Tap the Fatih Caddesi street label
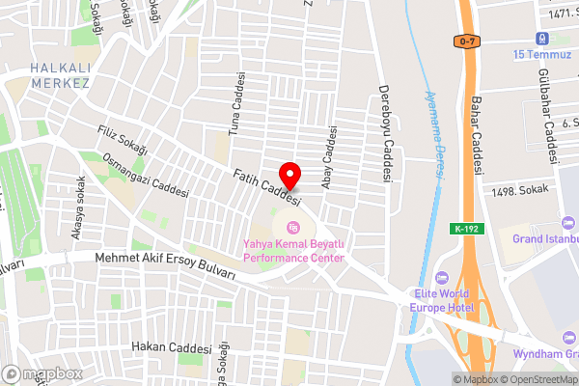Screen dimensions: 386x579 [267, 187]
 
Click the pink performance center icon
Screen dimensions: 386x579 [293, 229]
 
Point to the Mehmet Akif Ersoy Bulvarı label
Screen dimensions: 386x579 [165, 265]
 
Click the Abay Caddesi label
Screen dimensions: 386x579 [330, 157]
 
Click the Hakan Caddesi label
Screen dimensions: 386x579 [173, 347]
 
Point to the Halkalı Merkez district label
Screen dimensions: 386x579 [60, 75]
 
